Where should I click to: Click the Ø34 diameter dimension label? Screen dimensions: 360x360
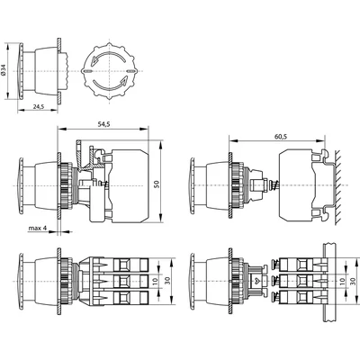[x=6, y=70]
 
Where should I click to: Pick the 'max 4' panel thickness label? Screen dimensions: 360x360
[x=36, y=229]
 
